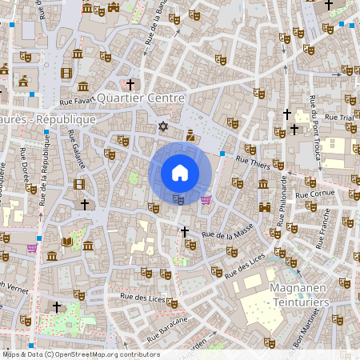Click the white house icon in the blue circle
(180, 172)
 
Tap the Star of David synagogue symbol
(163, 126)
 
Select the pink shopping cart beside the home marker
(206, 199)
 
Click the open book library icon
(68, 242)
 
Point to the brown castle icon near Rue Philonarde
(264, 207)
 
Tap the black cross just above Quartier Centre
(130, 83)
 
